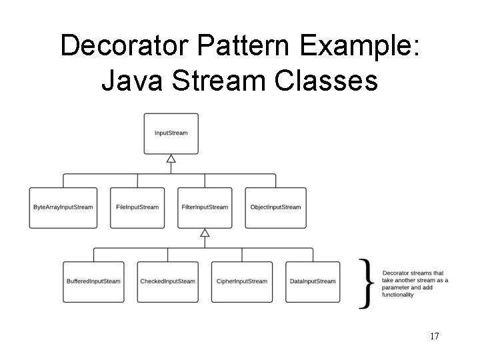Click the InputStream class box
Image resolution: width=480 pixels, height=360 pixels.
click(171, 133)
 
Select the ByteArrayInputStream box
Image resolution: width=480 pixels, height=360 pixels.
click(63, 207)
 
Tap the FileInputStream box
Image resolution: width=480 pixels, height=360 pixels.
click(137, 207)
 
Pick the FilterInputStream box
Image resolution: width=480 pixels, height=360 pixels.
click(205, 207)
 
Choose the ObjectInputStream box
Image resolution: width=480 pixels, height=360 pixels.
click(275, 207)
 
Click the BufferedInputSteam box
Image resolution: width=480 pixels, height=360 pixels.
click(93, 281)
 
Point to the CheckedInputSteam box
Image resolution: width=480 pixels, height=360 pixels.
click(167, 281)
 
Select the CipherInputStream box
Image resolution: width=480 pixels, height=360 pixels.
click(241, 281)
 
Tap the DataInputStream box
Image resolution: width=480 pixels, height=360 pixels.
click(313, 281)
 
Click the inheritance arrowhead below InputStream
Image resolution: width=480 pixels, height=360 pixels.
click(171, 159)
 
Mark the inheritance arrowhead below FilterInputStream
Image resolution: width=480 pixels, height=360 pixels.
click(205, 233)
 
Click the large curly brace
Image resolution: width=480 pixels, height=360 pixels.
click(365, 283)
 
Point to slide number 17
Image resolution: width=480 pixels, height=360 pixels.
click(434, 336)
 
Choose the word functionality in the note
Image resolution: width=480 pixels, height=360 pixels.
click(398, 295)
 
